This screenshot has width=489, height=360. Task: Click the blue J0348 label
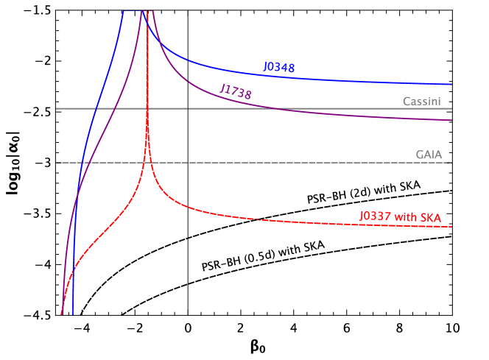point(279,68)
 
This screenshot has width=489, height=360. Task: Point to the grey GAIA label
point(429,155)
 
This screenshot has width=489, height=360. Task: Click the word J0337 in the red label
point(376,216)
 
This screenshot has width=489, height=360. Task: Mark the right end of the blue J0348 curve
point(451,84)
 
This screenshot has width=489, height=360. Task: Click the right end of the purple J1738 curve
point(451,120)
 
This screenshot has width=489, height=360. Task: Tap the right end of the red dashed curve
point(451,227)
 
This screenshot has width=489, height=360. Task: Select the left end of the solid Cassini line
point(57,108)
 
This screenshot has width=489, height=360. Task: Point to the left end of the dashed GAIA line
point(57,163)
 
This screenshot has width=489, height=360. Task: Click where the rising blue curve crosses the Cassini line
point(96,108)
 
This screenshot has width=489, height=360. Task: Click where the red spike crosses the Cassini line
point(148,108)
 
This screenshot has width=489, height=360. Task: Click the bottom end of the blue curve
point(72,314)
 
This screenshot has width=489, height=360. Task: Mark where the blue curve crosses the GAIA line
point(83,163)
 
